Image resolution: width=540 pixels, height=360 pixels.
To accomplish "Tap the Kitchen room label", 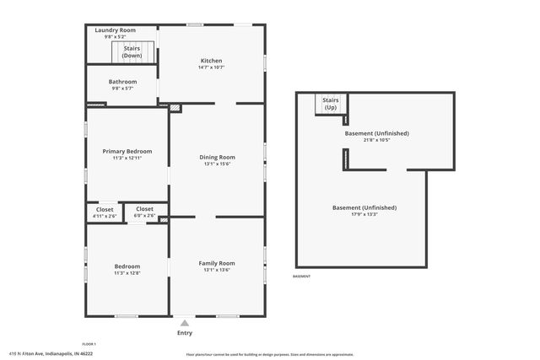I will coord(211,60).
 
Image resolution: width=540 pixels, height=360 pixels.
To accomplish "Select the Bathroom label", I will coord(122,82).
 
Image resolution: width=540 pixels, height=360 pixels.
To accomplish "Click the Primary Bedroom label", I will coord(127,151).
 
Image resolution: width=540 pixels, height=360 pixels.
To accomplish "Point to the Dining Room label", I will coord(217,157).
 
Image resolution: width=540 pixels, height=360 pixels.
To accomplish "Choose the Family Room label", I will coord(217,263).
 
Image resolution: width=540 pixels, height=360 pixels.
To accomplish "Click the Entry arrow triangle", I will coord(184,322).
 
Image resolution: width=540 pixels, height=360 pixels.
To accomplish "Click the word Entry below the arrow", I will coord(184,333).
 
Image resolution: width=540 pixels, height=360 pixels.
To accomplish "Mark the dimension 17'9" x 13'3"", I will coord(364,214).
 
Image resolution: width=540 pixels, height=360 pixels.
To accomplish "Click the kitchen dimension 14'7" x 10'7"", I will coord(211,67).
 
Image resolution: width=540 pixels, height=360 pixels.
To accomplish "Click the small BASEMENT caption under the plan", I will coord(301,277).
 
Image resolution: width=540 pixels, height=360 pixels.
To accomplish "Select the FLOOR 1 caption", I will coord(89,344).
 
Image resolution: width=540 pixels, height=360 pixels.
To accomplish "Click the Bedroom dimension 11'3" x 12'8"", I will coord(127,273).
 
